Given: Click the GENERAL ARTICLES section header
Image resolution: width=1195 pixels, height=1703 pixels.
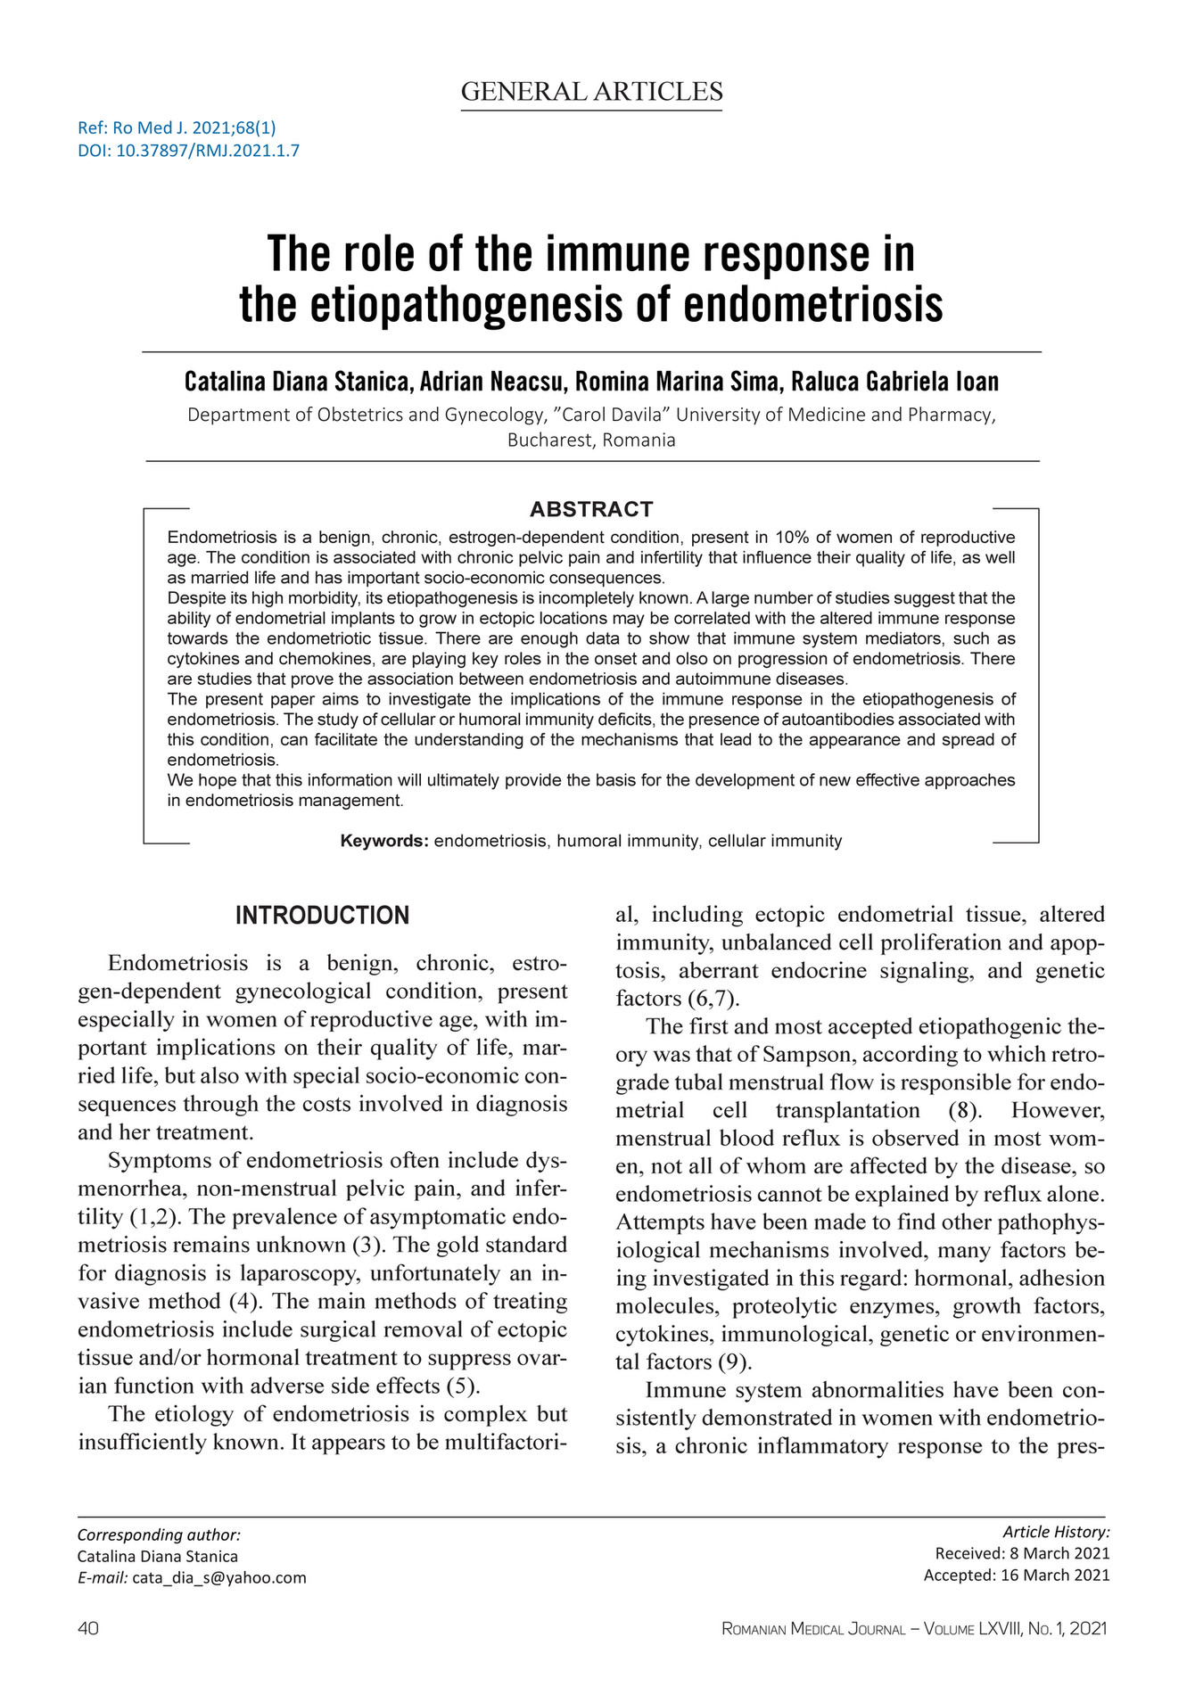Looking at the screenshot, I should coord(591,92).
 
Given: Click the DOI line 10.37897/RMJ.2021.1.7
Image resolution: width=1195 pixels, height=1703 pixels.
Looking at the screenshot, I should coord(188,150).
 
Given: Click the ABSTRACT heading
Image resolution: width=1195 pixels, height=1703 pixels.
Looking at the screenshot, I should coord(591,509).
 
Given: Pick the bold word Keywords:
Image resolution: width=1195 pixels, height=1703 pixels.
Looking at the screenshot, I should coord(384,841).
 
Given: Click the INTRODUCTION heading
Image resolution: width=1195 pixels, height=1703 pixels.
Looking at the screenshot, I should coord(322,915).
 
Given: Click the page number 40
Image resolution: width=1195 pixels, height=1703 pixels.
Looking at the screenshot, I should coord(88,1628).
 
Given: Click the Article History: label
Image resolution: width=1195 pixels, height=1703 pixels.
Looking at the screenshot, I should coord(1056,1532).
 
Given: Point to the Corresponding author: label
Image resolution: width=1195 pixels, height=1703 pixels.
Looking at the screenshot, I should coord(159,1534).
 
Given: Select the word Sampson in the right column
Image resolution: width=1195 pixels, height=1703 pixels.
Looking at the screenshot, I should coord(799,1054).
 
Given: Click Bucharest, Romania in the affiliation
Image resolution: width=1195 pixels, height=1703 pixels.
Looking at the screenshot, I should coord(591,440).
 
